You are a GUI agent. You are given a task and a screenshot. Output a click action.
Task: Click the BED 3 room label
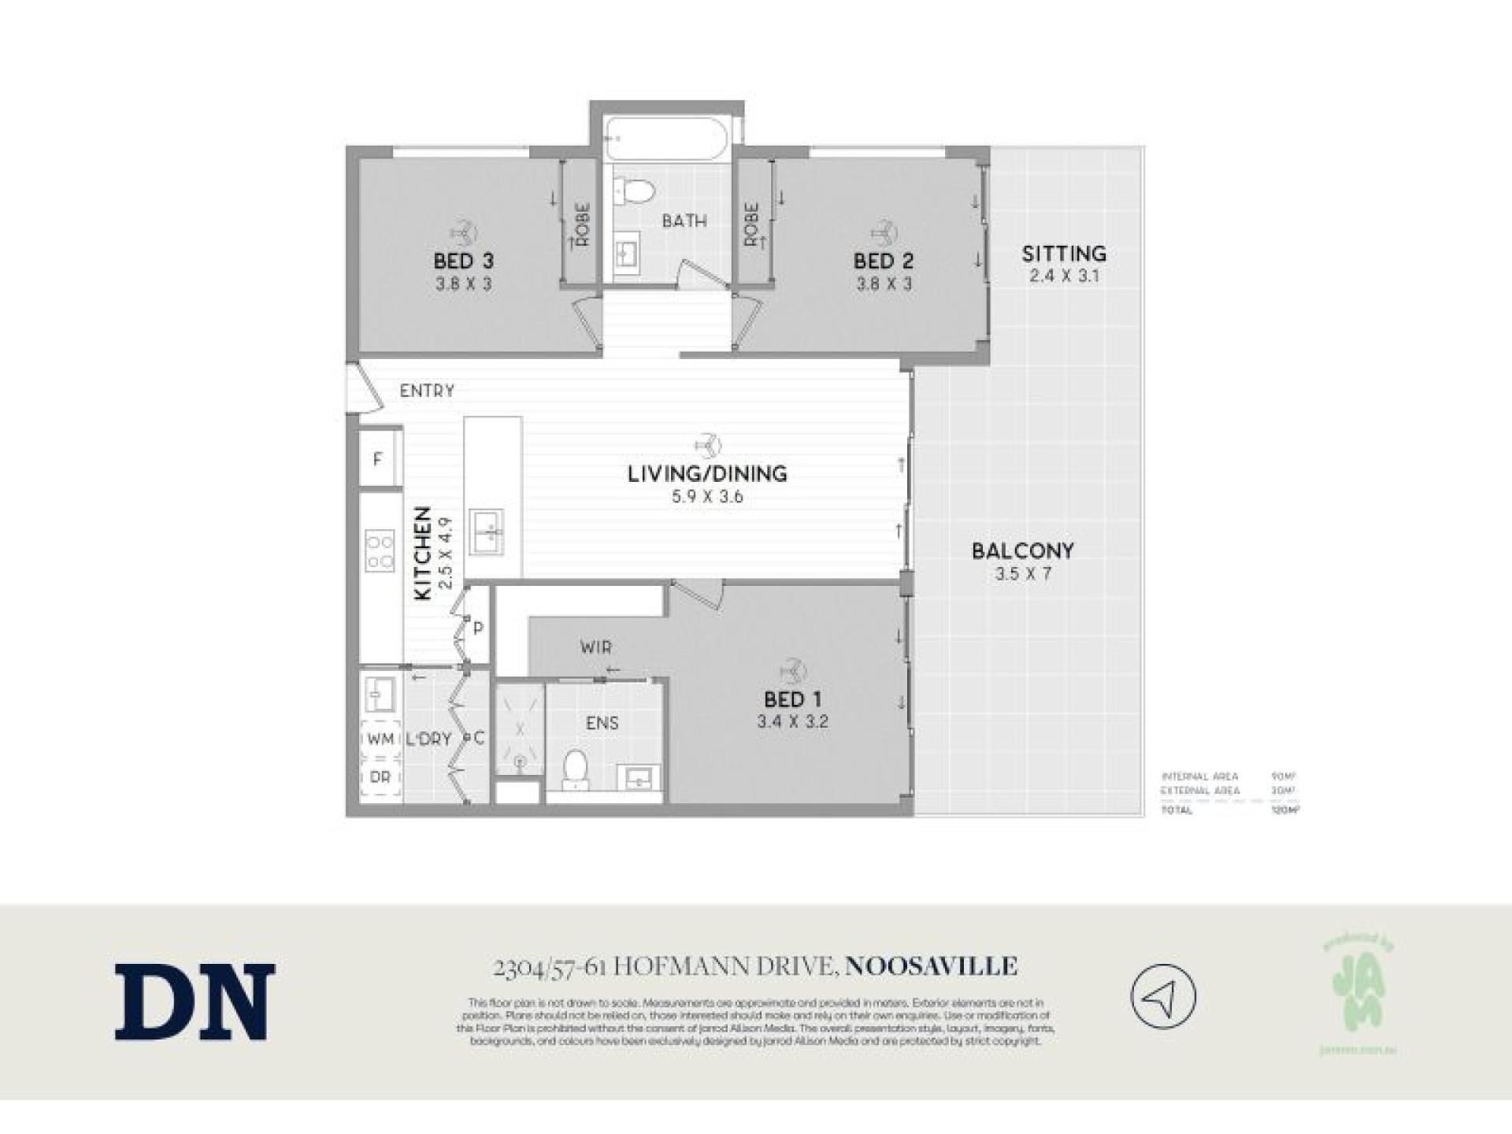coord(463,261)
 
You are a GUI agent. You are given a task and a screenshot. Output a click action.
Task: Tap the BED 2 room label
coord(883,261)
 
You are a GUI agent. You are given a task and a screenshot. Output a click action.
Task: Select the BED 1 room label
coord(792,699)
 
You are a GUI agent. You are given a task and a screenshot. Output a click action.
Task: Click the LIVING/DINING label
coord(707,473)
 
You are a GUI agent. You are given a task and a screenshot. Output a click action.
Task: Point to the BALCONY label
coord(1022,550)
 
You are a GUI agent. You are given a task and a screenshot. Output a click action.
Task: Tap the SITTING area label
coord(1064,254)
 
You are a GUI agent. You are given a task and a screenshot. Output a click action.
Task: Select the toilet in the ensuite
coord(576,768)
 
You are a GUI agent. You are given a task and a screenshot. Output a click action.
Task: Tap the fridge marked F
coord(378,459)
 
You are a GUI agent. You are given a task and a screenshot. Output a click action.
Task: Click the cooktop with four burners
coord(379,551)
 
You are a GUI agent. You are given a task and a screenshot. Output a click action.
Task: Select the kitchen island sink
coord(487,532)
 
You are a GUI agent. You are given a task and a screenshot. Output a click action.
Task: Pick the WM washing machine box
coord(380,739)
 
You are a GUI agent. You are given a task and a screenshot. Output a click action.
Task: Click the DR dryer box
coord(380,777)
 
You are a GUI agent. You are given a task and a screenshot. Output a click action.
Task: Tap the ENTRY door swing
coord(365,388)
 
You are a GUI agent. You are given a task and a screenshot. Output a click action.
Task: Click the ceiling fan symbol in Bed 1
coord(792,670)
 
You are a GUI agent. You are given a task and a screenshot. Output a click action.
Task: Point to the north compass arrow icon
coord(1162,996)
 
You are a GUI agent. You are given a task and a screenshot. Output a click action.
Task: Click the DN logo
coord(195,1002)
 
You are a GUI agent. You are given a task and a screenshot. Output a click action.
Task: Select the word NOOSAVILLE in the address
coord(931,966)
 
